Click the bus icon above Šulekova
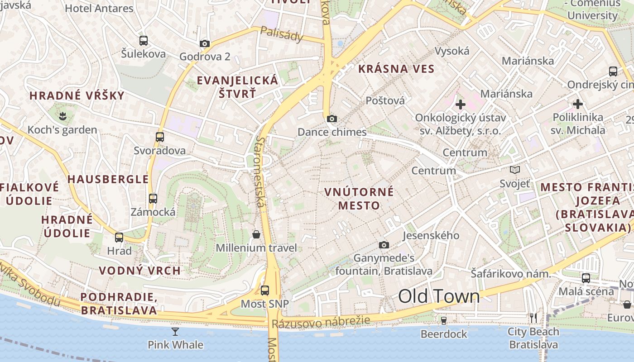coord(144,41)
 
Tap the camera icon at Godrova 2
coord(205,44)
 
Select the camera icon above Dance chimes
coord(332,119)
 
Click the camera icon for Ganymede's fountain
coord(384,245)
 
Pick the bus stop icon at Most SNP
coord(265,291)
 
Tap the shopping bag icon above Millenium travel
coord(256,234)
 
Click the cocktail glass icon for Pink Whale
coord(175,332)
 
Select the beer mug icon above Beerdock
coord(444,321)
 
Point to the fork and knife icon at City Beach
coord(533,318)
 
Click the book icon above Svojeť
coord(515,170)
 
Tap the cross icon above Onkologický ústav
coord(461,105)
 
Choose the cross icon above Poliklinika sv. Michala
coord(578,104)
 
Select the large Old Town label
coord(439,296)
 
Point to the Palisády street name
coord(282,34)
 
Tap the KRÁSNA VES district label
coord(396,69)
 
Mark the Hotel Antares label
coord(99,8)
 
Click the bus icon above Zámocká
coord(153,198)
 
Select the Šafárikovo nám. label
coord(510,274)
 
